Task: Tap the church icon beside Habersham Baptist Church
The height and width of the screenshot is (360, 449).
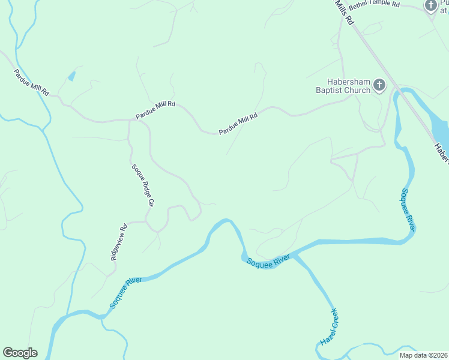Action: point(379,85)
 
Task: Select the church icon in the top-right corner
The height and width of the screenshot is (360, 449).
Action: point(431,5)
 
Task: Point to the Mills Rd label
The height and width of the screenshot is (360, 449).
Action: point(345,12)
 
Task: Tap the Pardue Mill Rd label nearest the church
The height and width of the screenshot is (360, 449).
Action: point(238,123)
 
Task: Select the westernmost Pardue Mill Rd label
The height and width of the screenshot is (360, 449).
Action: point(31,83)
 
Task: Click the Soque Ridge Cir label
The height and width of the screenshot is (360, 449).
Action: point(143,185)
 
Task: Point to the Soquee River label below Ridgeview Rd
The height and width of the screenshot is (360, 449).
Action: point(121,293)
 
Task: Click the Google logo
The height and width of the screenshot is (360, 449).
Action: point(20,353)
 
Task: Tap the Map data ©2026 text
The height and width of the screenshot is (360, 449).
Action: point(423,355)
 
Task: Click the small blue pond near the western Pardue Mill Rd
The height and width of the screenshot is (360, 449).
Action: point(72,76)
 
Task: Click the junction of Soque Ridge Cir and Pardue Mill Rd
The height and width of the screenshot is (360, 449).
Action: point(129,120)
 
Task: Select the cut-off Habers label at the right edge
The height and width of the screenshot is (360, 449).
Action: point(442,153)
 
